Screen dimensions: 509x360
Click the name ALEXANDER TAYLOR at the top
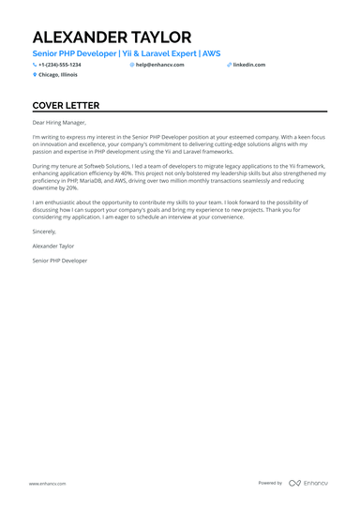pyautogui.click(x=112, y=37)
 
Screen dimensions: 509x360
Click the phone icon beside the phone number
pyautogui.click(x=35, y=65)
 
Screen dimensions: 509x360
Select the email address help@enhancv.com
pyautogui.click(x=159, y=65)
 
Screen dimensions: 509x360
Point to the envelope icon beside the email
pyautogui.click(x=132, y=65)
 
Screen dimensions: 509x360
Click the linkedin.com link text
pyautogui.click(x=248, y=65)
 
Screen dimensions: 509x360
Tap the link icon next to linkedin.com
pyautogui.click(x=229, y=65)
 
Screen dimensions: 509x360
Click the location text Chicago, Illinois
pyautogui.click(x=58, y=74)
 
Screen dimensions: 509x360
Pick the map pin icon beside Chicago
pyautogui.click(x=35, y=74)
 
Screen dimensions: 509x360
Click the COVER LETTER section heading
pyautogui.click(x=72, y=106)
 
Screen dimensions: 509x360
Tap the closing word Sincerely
pyautogui.click(x=44, y=230)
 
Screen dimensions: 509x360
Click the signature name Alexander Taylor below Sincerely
pyautogui.click(x=53, y=245)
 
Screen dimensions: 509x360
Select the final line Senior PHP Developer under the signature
pyautogui.click(x=59, y=261)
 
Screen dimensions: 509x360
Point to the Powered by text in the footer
pyautogui.click(x=270, y=483)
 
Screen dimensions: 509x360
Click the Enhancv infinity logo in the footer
pyautogui.click(x=294, y=483)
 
